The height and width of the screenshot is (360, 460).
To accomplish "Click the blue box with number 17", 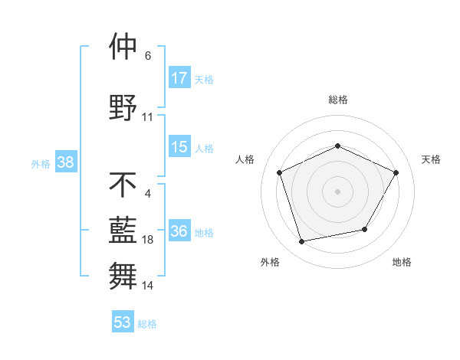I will click(179, 78).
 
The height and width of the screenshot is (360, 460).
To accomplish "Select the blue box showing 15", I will click(179, 148).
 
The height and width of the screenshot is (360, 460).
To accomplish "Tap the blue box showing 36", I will click(179, 232).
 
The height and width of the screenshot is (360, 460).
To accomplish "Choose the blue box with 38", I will click(65, 163).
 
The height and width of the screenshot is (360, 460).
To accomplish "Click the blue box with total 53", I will click(123, 322).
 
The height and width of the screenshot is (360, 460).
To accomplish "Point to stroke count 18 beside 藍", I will click(148, 241).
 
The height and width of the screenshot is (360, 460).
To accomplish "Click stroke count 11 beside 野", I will click(148, 117).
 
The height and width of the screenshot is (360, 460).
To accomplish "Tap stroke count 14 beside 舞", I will click(148, 286).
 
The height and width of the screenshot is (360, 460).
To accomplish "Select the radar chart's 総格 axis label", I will click(337, 100).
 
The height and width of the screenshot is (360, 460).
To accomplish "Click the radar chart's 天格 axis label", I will click(431, 159).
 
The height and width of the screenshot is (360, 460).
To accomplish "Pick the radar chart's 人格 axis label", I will click(245, 159).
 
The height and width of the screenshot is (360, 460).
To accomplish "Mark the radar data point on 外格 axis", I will click(302, 242).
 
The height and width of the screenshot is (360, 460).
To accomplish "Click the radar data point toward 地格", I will click(365, 229).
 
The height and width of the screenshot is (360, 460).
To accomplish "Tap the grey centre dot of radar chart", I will click(337, 191).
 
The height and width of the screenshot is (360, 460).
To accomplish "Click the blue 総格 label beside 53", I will click(147, 324).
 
